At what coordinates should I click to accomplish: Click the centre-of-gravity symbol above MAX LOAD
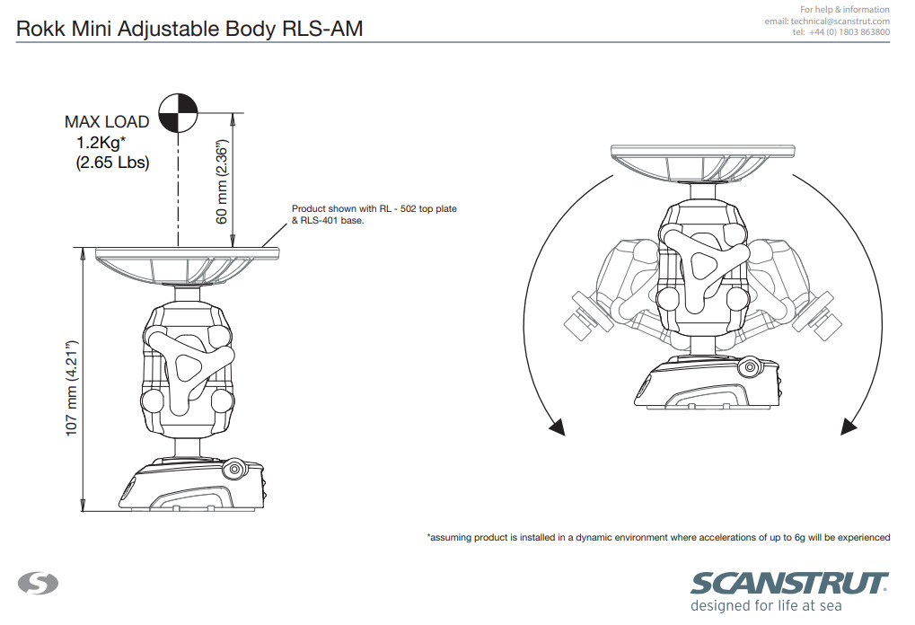coord(179,112)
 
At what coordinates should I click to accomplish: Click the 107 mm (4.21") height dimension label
coord(71,388)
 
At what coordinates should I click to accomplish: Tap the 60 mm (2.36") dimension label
coord(222,181)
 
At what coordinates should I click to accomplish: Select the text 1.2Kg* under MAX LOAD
coord(101,143)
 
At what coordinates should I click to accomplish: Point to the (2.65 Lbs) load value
coord(112,163)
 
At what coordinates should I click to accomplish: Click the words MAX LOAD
coord(107,122)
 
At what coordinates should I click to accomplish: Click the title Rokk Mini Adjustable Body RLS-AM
coord(189,29)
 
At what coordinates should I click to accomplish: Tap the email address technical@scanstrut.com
coord(840,21)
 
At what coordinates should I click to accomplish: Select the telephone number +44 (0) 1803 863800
coord(849,32)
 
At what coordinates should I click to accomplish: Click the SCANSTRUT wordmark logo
coord(789,584)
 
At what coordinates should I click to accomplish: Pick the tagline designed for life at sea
coord(766,606)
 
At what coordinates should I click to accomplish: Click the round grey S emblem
coord(38,583)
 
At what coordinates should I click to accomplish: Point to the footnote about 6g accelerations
coord(659,538)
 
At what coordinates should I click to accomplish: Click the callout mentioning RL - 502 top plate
coord(374,214)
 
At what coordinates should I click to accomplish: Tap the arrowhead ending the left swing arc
coord(558,427)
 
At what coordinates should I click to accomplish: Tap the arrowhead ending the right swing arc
coord(849,427)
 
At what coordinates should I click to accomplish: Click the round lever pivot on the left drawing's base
coord(234,469)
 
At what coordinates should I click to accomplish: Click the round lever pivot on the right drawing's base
coord(748,367)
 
